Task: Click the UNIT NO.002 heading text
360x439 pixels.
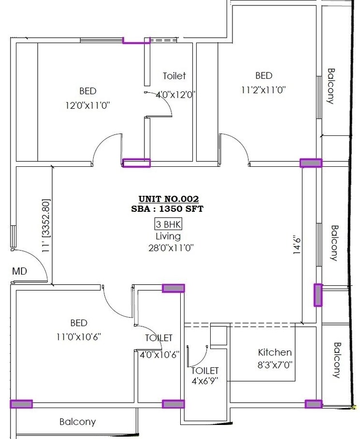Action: coord(169,199)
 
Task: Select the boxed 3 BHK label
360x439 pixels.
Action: coord(168,224)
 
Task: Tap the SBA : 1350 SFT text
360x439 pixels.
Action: coord(168,209)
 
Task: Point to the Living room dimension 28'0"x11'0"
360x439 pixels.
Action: coord(168,248)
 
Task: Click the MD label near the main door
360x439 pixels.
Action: coord(19,271)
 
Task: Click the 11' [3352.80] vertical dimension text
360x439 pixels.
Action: coord(46,225)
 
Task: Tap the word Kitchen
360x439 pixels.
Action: coord(274,352)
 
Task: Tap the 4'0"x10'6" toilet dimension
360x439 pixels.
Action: coord(159,354)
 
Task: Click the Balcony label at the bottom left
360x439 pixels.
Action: coord(78,422)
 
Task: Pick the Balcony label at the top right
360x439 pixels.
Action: coord(331,86)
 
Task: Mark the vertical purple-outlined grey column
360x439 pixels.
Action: coord(318,295)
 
